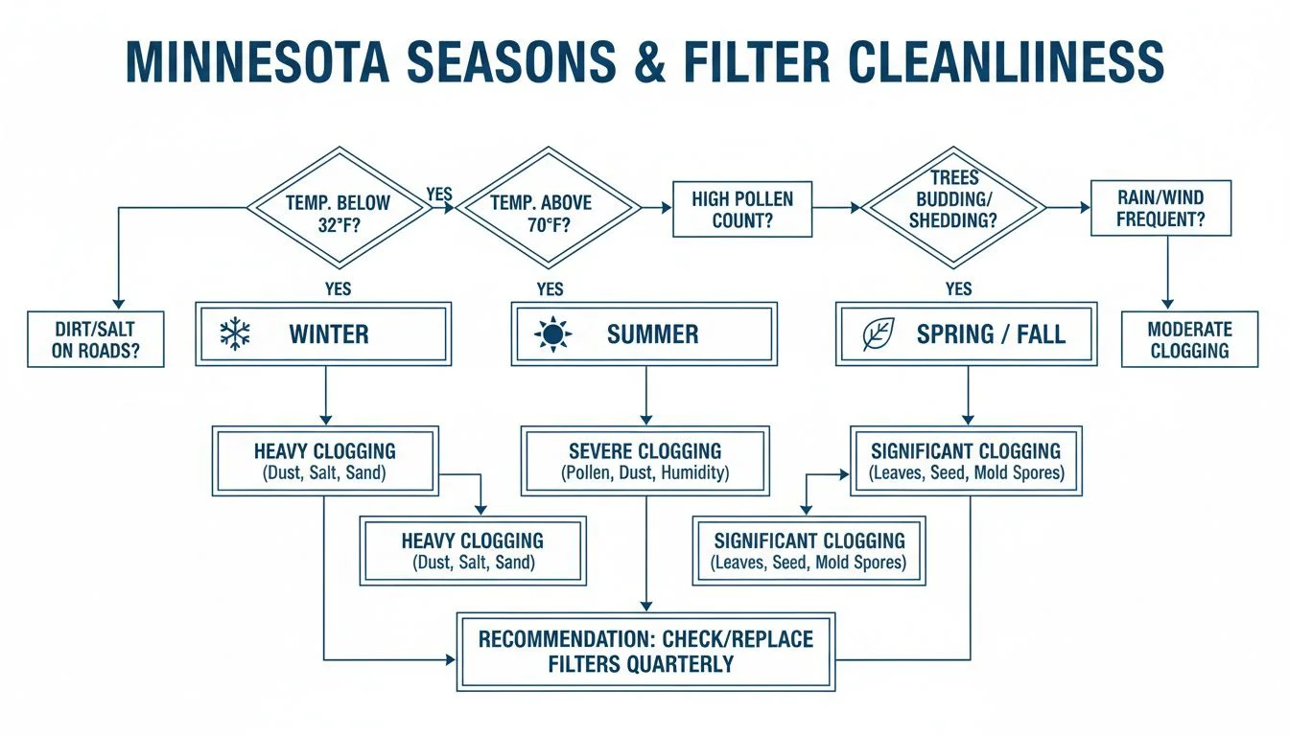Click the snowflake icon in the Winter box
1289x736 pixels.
[x=234, y=334]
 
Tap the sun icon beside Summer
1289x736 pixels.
[x=553, y=334]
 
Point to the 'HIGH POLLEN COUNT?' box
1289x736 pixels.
[x=742, y=210]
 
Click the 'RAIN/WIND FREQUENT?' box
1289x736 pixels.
[x=1160, y=209]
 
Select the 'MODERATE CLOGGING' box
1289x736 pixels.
[x=1189, y=339]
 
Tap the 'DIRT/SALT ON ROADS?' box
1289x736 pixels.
[x=95, y=339]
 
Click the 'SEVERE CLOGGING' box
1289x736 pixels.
[x=644, y=461]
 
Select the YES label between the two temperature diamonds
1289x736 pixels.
[x=438, y=195]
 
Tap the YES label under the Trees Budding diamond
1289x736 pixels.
[x=958, y=288]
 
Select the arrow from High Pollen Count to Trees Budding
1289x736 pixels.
[x=836, y=207]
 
